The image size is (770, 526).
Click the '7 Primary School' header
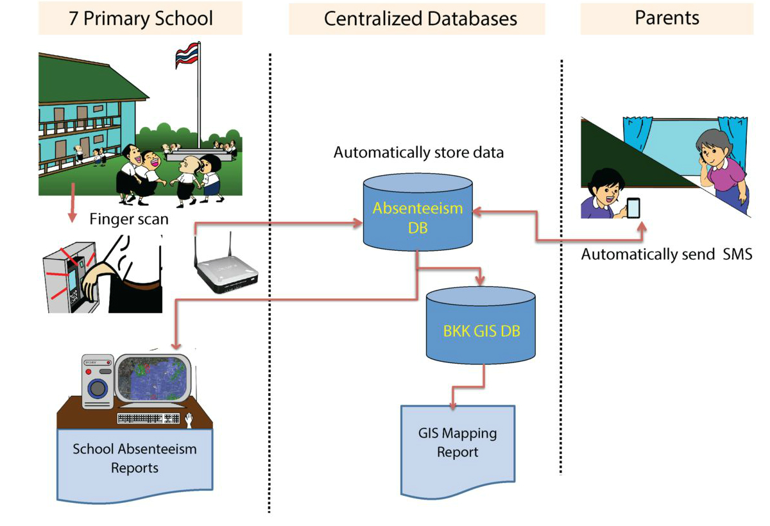coord(141,19)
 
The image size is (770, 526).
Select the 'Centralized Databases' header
coord(420,19)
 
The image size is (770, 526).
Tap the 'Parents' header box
coord(667,17)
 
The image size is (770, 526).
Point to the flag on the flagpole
coord(186,56)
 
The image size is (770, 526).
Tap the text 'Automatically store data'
coord(418,153)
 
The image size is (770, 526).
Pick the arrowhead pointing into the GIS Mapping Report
coord(454,404)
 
